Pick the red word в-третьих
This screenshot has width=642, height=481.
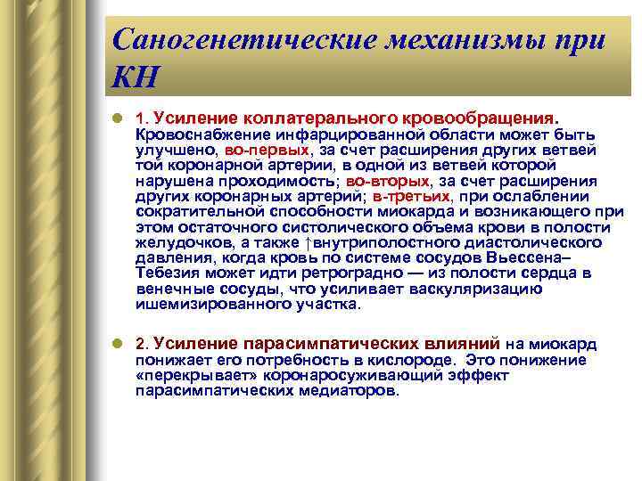pos(413,196)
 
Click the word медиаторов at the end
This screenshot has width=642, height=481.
pos(348,390)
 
